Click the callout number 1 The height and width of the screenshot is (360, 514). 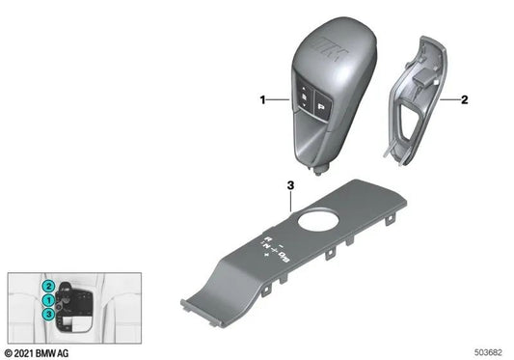coord(261,98)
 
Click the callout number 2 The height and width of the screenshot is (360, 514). coord(465,98)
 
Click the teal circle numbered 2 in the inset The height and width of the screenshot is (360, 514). coord(47,287)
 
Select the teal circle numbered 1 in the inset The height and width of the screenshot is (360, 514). coord(47,299)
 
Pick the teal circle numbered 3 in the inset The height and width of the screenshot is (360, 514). coord(47,313)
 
